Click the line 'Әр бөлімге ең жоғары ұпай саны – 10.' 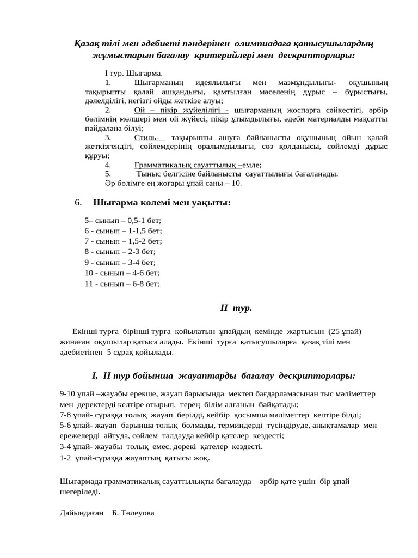coord(173,183)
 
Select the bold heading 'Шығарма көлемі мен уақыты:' coord(162,203)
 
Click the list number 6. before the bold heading coord(78,203)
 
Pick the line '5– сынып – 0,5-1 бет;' coord(123,221)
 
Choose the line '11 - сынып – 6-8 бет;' coord(122,283)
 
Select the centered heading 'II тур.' coord(236,308)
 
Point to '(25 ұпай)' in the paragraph coord(345,331)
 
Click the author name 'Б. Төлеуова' coord(133,513)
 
